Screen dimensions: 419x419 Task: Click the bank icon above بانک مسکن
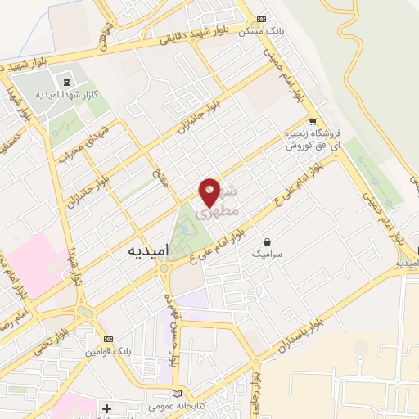[261, 19]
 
